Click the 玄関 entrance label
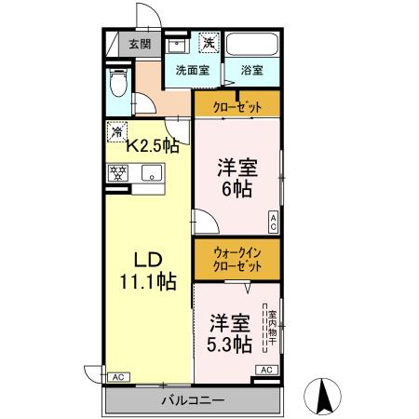coord(141,43)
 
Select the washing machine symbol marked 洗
coord(209,43)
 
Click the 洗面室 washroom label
coord(193,69)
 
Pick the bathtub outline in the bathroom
coord(254,45)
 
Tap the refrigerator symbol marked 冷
coord(117,131)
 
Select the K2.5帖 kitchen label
coord(153,145)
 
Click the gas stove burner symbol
coord(118,172)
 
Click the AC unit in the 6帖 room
coord(274,222)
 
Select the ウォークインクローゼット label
coord(237,258)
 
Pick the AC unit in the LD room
coord(117,377)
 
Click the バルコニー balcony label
coord(193,401)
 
